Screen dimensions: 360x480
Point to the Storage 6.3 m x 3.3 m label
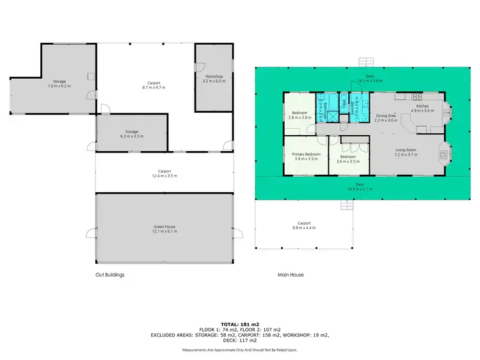tap(132, 134)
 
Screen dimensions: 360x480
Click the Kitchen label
tap(422, 108)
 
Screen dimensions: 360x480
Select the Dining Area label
tap(386, 117)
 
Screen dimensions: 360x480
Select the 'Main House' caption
tap(291, 275)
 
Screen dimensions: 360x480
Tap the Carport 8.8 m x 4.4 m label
tap(304, 225)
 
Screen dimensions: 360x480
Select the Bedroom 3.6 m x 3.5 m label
tap(348, 159)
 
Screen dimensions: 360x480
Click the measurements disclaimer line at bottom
tap(240, 350)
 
